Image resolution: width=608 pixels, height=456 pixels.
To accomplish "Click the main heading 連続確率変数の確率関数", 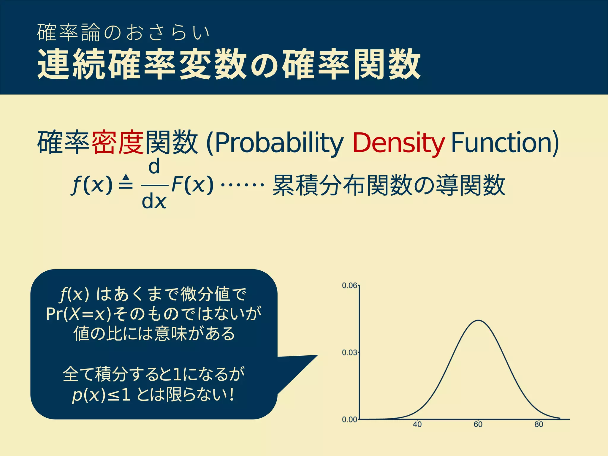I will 229,64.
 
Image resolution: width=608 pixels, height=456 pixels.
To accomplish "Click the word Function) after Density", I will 505,142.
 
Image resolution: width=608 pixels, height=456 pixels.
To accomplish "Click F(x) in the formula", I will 192,185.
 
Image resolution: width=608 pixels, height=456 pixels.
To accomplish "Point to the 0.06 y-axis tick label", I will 349,286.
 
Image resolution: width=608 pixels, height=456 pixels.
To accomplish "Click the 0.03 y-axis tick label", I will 349,352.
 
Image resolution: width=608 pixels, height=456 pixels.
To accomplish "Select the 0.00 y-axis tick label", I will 349,419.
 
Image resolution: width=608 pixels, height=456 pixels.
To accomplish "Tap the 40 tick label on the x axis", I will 417,425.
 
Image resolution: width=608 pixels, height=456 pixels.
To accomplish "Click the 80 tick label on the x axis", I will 539,425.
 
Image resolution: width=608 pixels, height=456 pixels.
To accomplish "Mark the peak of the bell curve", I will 479,320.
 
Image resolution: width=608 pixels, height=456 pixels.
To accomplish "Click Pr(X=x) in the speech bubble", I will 79,314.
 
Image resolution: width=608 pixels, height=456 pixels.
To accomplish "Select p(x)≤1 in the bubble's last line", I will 101,395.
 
